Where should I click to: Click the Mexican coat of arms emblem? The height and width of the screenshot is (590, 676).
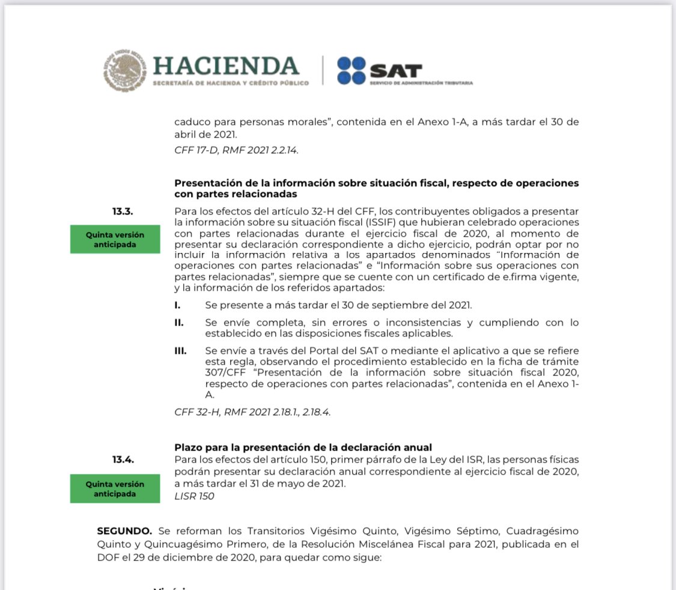pos(124,70)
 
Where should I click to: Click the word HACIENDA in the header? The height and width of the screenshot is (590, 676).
pos(226,65)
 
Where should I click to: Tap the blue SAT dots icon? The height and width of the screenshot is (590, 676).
pos(351,70)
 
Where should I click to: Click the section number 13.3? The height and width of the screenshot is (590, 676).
pos(122,211)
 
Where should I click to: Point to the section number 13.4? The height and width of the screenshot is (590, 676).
pos(122,460)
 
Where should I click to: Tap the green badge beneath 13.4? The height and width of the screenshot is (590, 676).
pos(115,488)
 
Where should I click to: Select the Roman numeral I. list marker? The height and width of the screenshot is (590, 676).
pos(177,305)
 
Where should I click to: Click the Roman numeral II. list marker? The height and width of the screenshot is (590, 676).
pos(178,323)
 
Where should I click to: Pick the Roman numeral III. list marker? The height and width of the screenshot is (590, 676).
pos(180,350)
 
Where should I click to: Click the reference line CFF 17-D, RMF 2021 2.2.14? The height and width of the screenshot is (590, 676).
pos(236,150)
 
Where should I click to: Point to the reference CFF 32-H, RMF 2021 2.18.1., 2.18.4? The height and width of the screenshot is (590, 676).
pos(252,412)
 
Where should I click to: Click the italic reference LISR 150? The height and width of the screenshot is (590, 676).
pos(194,496)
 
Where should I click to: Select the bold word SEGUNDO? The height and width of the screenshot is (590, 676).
pos(124,531)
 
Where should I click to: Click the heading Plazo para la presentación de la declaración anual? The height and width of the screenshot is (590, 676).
pos(303,447)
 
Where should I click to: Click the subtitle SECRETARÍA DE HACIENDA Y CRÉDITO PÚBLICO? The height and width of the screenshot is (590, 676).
pos(231,82)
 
